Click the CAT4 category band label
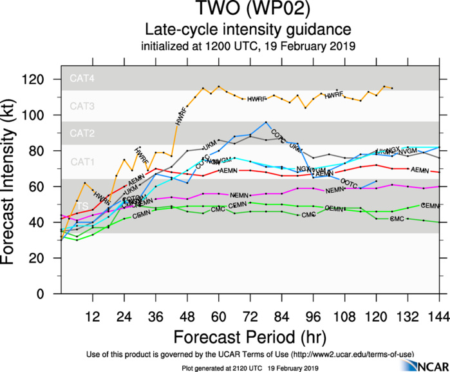82,79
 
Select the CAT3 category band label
82,106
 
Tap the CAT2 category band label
82,133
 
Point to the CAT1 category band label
82,161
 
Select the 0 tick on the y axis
50,293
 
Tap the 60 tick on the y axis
46,186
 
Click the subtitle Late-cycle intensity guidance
247,30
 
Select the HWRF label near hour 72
257,99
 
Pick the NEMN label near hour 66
239,195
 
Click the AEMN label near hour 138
420,170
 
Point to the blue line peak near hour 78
265,122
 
